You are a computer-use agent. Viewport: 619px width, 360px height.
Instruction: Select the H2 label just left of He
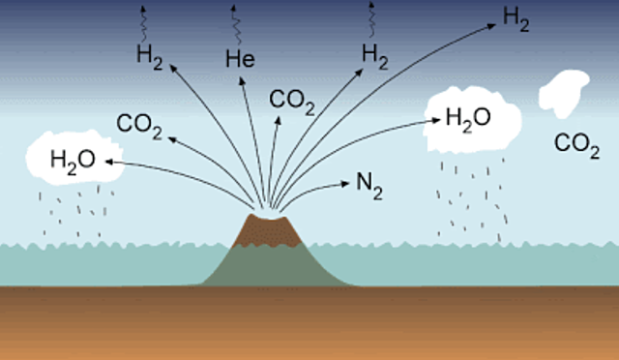(x=148, y=55)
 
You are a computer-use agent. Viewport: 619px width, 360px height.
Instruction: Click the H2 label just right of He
(x=374, y=55)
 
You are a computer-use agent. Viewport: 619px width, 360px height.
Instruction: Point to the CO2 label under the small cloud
(x=576, y=145)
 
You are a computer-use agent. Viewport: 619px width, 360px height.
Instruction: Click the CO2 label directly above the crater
(x=291, y=100)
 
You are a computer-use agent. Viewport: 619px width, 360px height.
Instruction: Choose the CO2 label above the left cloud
(x=138, y=124)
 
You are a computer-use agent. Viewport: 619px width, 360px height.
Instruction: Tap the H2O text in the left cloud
(x=73, y=160)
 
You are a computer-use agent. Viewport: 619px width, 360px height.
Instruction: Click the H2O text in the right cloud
(x=467, y=118)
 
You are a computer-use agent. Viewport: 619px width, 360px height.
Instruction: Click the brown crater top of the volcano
(x=262, y=228)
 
